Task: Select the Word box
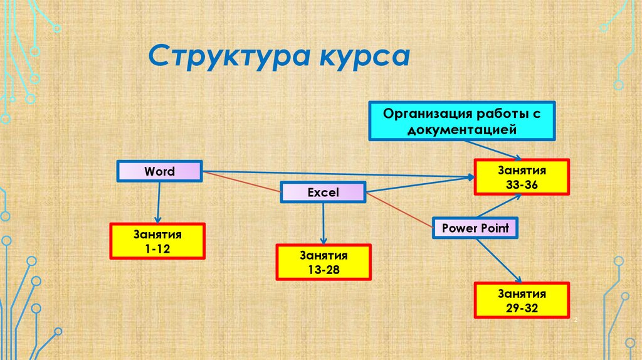point(159,171)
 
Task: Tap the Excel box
point(323,193)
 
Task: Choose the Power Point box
point(476,228)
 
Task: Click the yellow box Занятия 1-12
point(157,241)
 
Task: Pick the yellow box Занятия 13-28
point(324,262)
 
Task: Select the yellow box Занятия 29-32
point(522,300)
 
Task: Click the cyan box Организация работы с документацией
point(462,120)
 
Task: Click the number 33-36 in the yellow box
point(522,185)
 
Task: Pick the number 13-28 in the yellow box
point(324,270)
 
